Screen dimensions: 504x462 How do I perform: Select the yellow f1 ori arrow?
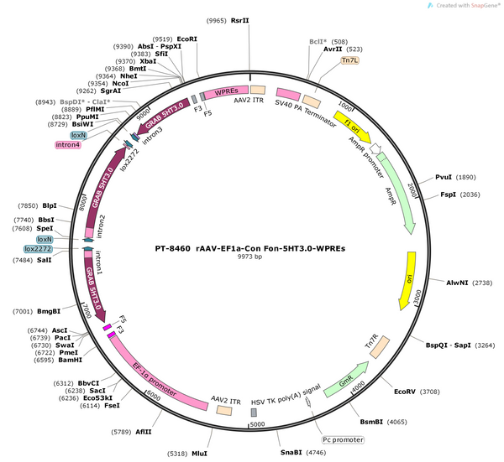352,127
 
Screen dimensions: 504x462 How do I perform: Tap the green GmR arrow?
346,379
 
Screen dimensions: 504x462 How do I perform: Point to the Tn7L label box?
350,60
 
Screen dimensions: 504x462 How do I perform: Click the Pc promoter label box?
343,439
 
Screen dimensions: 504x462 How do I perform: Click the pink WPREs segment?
226,92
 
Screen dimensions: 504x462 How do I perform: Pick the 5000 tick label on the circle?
257,424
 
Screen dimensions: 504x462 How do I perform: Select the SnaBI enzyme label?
291,453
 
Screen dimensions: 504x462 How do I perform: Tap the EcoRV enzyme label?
405,392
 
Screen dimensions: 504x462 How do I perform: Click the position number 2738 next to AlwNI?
482,283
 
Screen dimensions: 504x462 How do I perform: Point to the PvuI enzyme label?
444,177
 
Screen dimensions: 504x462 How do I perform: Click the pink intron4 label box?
68,145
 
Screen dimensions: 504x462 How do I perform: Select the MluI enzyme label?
199,454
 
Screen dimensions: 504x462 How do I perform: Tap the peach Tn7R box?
380,347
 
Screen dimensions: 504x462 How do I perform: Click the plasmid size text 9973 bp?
249,257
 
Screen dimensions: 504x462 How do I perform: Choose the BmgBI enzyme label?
49,311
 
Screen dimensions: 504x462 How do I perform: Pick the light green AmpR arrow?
398,193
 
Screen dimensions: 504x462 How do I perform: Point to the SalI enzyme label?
44,260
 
